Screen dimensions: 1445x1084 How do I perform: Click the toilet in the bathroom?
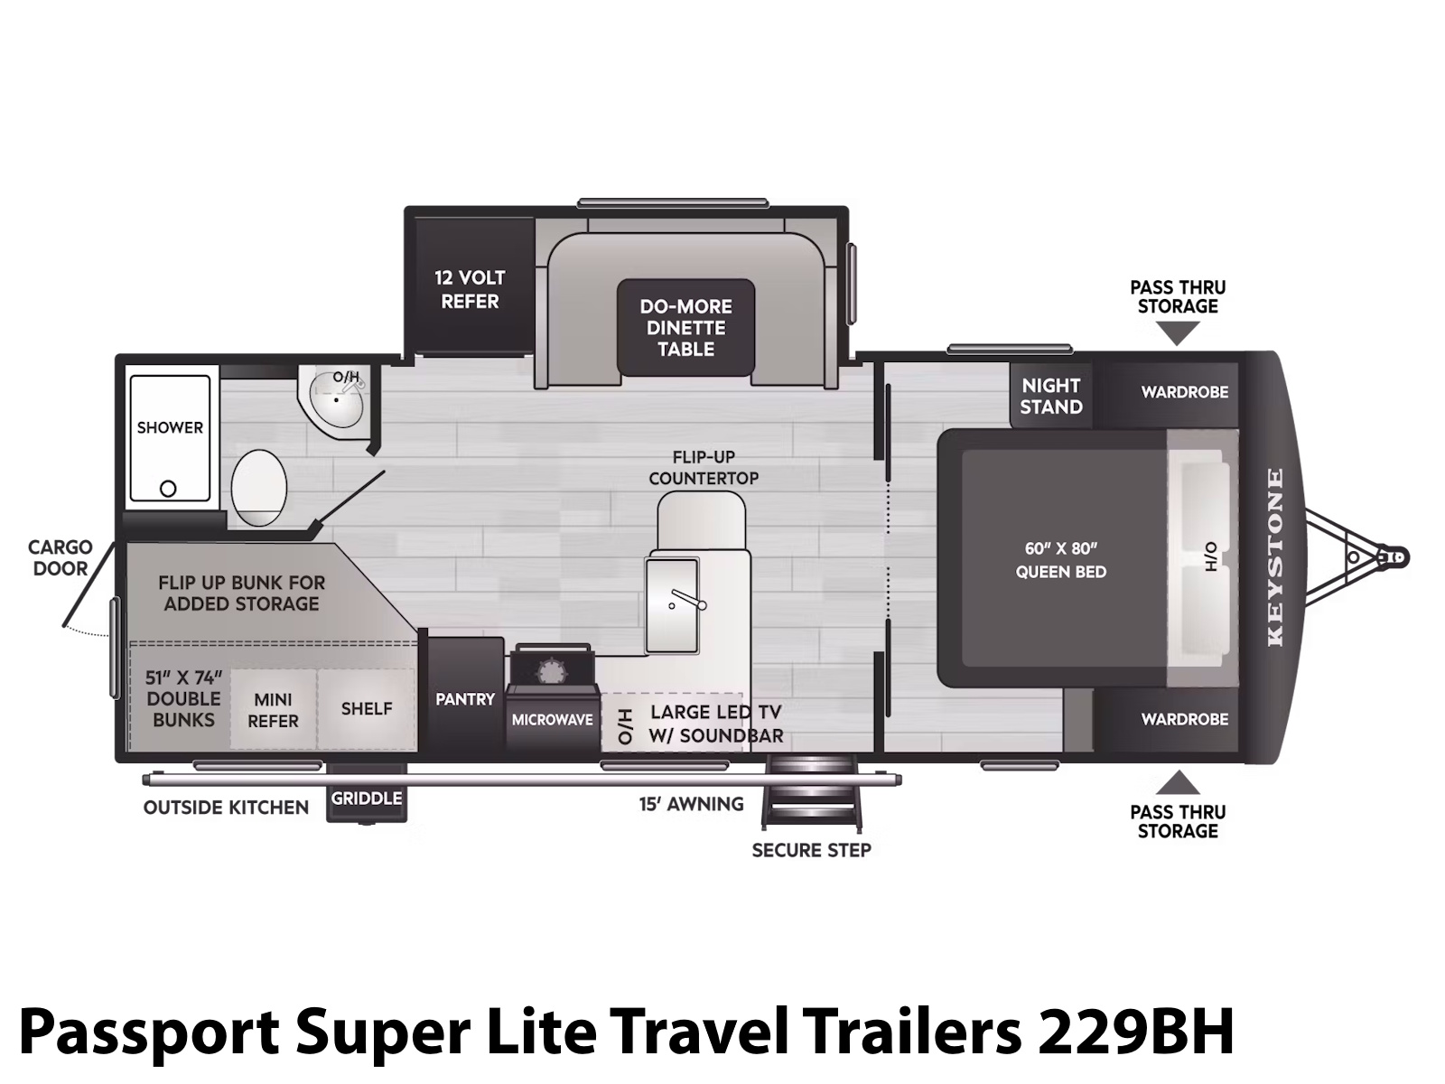(x=258, y=488)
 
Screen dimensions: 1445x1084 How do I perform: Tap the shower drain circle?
(x=168, y=489)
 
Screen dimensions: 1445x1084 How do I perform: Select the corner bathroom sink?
(x=337, y=402)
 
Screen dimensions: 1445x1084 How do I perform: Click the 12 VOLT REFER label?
(x=470, y=290)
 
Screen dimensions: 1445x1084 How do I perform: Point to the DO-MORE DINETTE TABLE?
(x=685, y=327)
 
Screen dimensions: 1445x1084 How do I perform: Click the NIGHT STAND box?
(x=1050, y=396)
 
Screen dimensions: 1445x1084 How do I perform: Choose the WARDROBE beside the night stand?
(x=1171, y=395)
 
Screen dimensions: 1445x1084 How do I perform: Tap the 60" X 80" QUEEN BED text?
(x=1060, y=560)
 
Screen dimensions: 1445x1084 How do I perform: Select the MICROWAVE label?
(x=553, y=720)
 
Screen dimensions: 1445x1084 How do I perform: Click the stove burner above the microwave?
(x=552, y=672)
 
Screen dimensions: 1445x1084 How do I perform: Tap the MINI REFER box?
(x=273, y=709)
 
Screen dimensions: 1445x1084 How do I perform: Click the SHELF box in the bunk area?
(x=366, y=709)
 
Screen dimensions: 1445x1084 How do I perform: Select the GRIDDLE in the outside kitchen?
(x=367, y=799)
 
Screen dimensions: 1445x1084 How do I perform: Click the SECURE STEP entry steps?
(x=811, y=793)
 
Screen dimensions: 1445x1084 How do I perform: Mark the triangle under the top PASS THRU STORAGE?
(x=1178, y=332)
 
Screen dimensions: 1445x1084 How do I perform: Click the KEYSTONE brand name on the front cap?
(x=1275, y=557)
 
